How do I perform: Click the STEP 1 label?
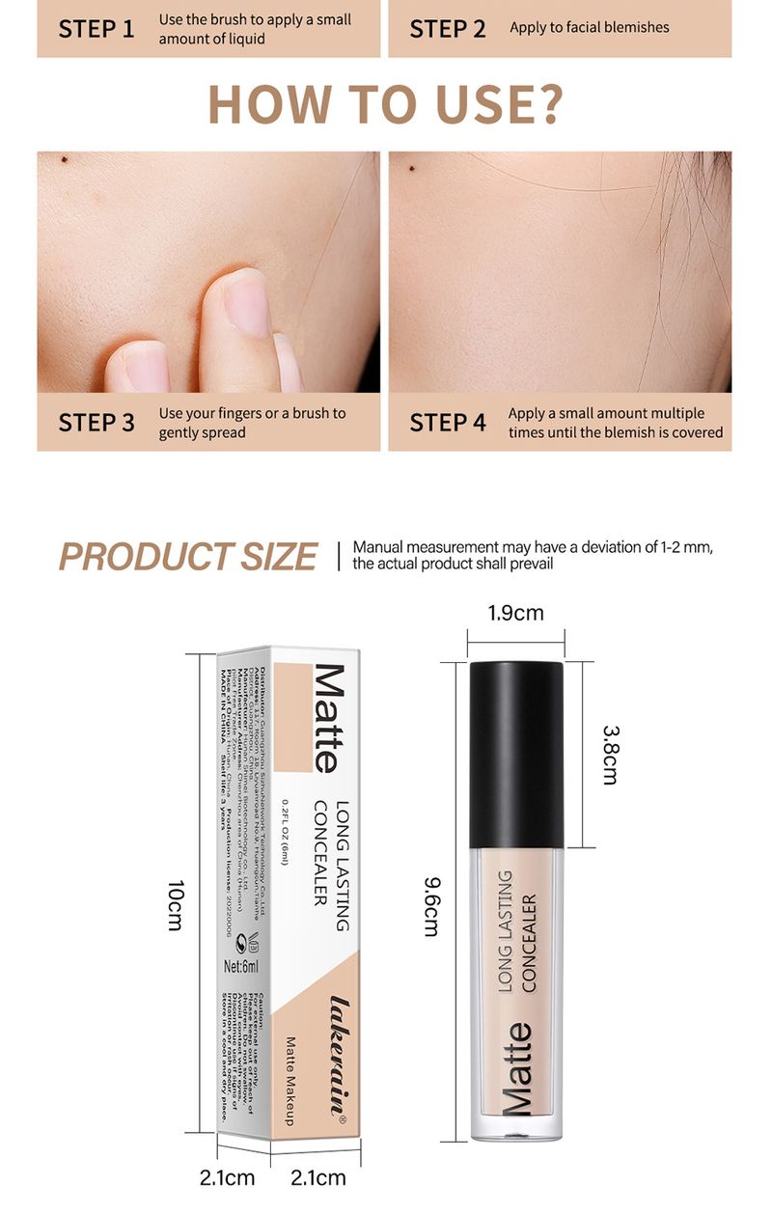tap(96, 28)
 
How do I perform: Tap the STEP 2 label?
tap(448, 28)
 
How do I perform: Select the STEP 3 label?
tap(96, 423)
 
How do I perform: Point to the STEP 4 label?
tap(448, 423)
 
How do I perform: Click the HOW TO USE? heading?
tap(385, 105)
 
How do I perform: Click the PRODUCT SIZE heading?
tap(187, 557)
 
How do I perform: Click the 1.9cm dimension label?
tap(515, 613)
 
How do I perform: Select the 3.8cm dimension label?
tap(609, 755)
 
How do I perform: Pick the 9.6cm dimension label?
tap(431, 906)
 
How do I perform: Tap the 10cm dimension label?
tap(175, 907)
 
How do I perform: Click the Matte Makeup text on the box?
tap(289, 1081)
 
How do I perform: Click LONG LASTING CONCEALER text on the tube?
tap(516, 930)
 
